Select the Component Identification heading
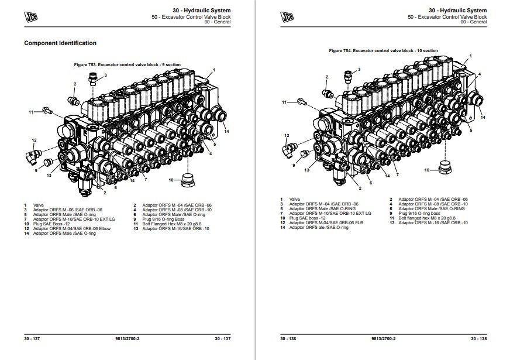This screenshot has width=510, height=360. click(x=60, y=43)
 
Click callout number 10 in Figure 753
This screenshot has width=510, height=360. click(x=171, y=179)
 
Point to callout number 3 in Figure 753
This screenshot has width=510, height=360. click(x=105, y=76)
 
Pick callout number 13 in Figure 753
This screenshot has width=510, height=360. click(x=49, y=176)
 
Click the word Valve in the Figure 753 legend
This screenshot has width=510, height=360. click(x=39, y=204)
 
